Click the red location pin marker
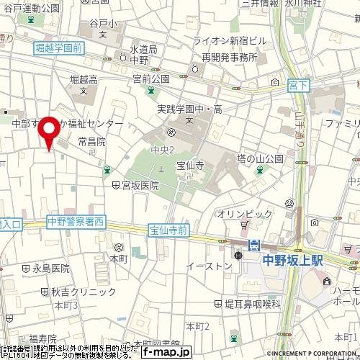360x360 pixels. (x=49, y=132)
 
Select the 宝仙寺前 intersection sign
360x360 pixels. (x=169, y=230)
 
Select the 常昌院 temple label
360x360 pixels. (x=91, y=142)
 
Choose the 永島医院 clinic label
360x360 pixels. (x=50, y=268)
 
